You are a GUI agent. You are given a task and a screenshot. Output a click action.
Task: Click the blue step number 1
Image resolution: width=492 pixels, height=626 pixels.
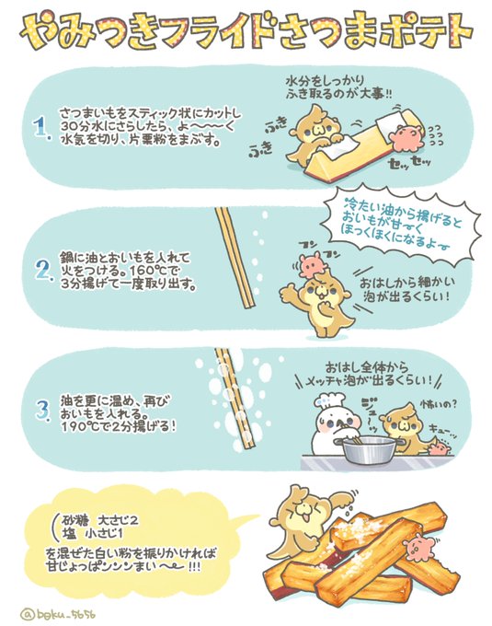click(41, 128)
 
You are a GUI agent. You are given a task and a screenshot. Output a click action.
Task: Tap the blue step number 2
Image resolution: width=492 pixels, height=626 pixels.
click(44, 270)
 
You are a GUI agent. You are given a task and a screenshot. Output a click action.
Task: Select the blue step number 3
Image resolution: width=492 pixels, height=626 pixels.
click(43, 410)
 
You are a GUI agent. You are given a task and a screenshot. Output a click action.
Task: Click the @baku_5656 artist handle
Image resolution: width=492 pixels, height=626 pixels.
click(57, 614)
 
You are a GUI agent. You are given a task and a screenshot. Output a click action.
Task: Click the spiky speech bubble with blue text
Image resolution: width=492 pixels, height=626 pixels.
click(400, 227)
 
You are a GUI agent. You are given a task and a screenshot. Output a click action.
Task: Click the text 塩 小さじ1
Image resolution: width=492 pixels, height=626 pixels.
click(93, 534)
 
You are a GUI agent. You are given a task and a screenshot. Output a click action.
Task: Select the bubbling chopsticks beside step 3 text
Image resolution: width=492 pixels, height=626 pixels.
click(235, 400)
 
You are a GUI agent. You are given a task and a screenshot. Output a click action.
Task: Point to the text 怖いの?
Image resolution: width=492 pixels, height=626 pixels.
click(438, 404)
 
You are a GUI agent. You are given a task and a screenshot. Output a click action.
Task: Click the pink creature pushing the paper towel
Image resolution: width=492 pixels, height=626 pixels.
click(406, 138)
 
